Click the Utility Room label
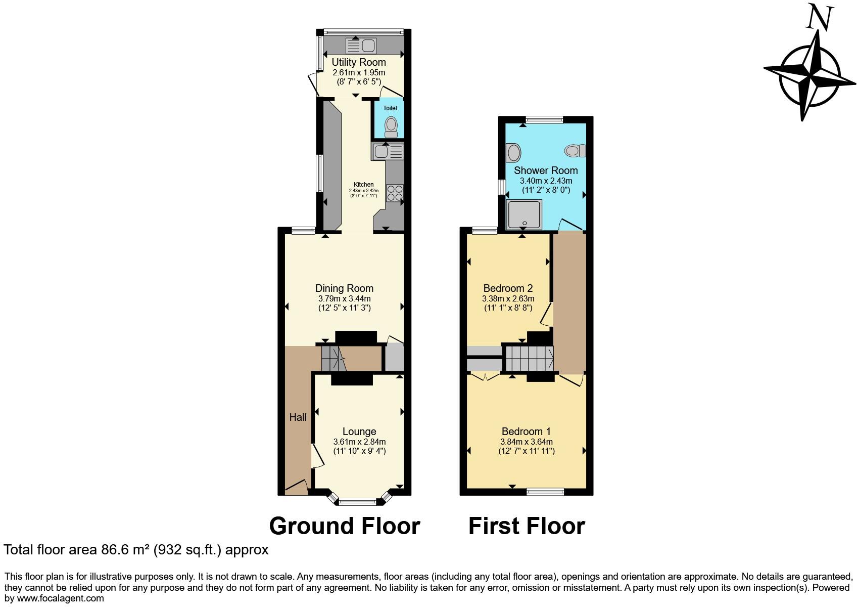click(358, 62)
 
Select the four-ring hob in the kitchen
click(395, 193)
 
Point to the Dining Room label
click(344, 288)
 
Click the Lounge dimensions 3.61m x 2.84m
click(359, 442)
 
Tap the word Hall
click(298, 417)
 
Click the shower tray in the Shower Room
click(524, 214)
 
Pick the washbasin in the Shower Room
click(513, 152)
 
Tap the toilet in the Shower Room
click(575, 150)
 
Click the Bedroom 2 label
click(508, 288)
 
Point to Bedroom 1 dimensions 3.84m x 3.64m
click(526, 442)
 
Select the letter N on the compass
click(819, 19)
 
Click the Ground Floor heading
click(344, 526)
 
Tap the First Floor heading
click(526, 526)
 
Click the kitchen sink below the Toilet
click(388, 151)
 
